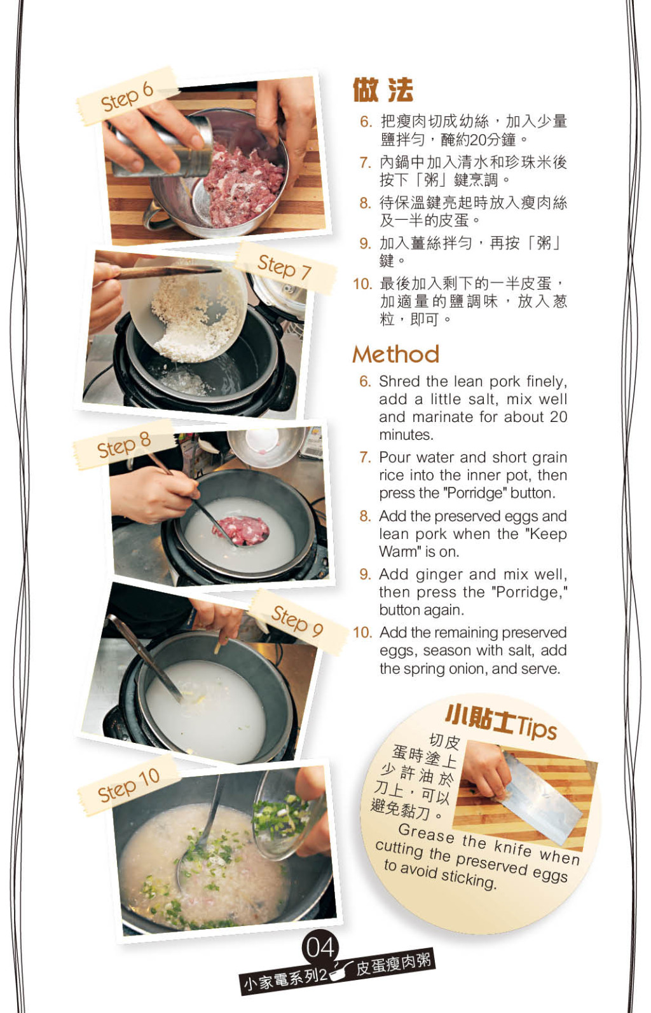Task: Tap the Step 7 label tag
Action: [x=285, y=268]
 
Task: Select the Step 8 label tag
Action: [x=123, y=444]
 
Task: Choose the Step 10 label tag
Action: [x=129, y=785]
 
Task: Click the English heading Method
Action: [x=395, y=354]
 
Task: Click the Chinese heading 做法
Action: [x=383, y=90]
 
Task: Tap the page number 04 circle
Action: [x=320, y=948]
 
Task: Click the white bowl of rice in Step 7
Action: [x=188, y=309]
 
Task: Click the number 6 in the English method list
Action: [x=365, y=382]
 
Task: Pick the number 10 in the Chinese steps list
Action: [x=362, y=284]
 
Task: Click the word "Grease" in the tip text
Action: [x=426, y=833]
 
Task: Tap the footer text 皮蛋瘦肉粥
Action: [x=393, y=963]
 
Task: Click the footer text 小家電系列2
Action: [x=285, y=979]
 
